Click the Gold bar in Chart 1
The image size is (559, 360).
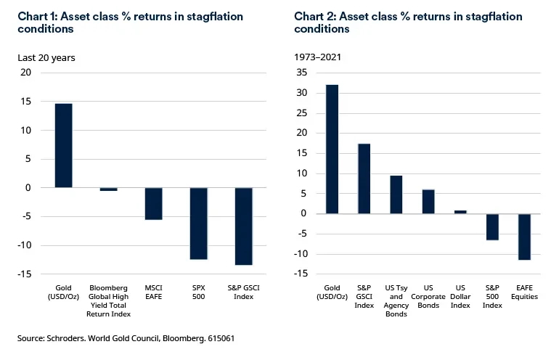pyautogui.click(x=64, y=145)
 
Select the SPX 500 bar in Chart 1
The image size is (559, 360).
pyautogui.click(x=199, y=223)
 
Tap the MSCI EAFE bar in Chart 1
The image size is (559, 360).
pyautogui.click(x=154, y=203)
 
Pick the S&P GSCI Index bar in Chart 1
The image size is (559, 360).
pyautogui.click(x=244, y=226)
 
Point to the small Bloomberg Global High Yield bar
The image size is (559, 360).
pyautogui.click(x=109, y=189)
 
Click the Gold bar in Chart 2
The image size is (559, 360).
pyautogui.click(x=332, y=149)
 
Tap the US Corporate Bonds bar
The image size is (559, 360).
pyautogui.click(x=428, y=201)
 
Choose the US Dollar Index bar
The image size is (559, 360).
pyautogui.click(x=460, y=212)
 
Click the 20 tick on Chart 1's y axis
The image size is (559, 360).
pyautogui.click(x=27, y=73)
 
